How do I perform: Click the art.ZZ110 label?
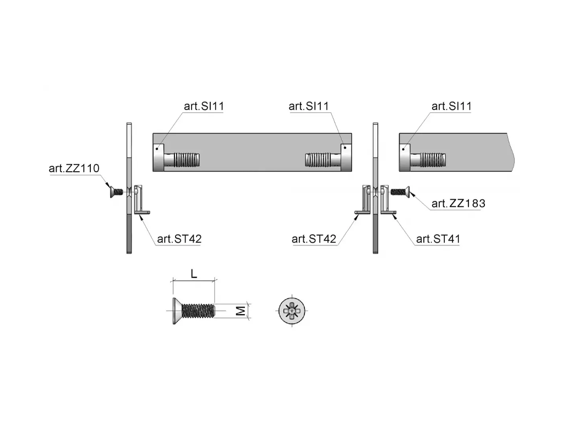click(x=74, y=168)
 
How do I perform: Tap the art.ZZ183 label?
click(x=458, y=203)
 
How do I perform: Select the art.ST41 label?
click(x=438, y=239)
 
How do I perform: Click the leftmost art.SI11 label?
click(x=204, y=106)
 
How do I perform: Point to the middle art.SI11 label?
click(x=309, y=106)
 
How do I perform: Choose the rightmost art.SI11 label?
click(x=451, y=106)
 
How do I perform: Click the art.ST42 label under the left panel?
click(x=179, y=239)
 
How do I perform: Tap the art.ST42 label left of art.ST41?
click(x=314, y=239)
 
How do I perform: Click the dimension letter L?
click(x=194, y=274)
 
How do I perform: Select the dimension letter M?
click(x=241, y=310)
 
